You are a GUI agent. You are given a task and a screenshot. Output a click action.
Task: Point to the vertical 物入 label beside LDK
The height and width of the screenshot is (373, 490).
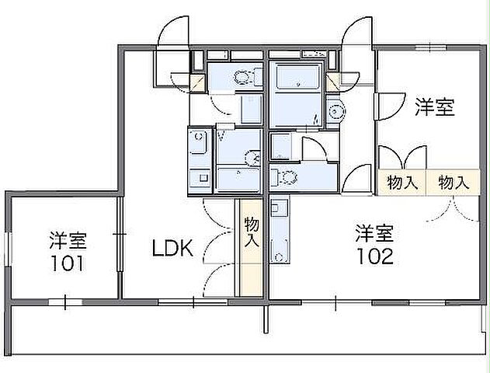251,233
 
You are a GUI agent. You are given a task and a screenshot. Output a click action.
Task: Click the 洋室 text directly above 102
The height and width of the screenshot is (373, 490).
375,231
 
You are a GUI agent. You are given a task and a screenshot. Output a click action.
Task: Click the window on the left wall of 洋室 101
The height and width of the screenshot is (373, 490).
9,249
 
